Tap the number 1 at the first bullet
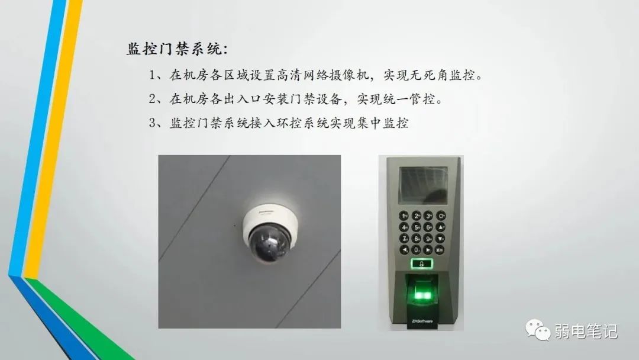[x=152, y=75]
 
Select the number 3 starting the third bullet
[x=153, y=123]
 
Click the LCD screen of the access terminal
[x=422, y=185]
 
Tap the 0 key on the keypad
[x=416, y=249]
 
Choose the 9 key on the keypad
[x=428, y=239]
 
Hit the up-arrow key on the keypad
[x=441, y=227]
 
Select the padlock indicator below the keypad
[x=422, y=263]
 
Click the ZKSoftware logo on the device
[x=422, y=321]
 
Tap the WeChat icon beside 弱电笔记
[x=537, y=329]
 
